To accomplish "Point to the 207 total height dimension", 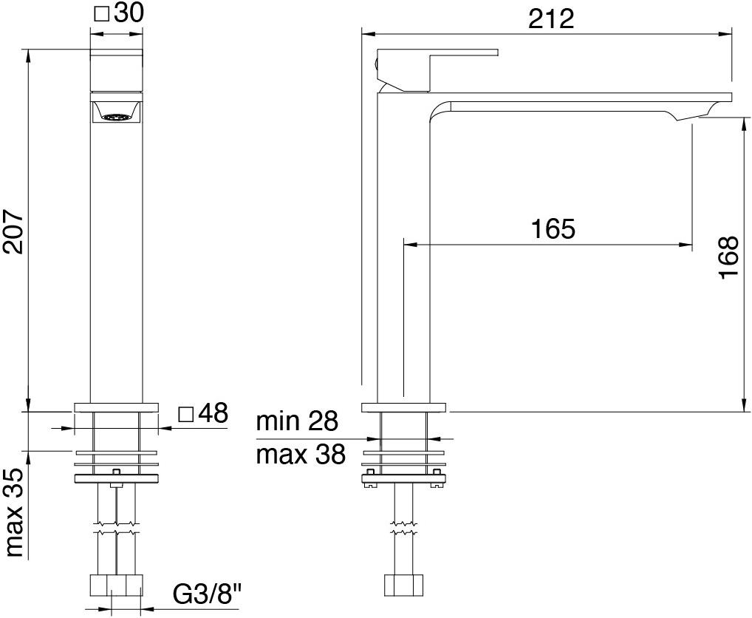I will pos(14,230).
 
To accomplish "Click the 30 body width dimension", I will pos(129,14).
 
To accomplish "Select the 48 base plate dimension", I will pos(213,414).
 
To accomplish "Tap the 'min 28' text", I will pos(297,422).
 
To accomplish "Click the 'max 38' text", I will pos(301,455).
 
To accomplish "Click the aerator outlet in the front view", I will pos(116,115).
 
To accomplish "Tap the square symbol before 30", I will pos(102,14).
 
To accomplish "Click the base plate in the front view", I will pos(116,407).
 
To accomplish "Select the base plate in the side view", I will pos(403,407).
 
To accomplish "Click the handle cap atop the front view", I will pos(116,71).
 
